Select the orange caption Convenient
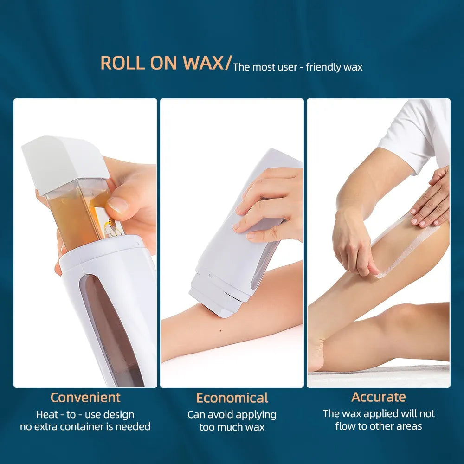tap(85, 398)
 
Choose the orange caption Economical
tap(232, 398)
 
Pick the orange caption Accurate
tap(379, 397)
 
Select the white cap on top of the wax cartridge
tap(65, 162)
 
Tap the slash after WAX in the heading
tap(227, 64)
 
